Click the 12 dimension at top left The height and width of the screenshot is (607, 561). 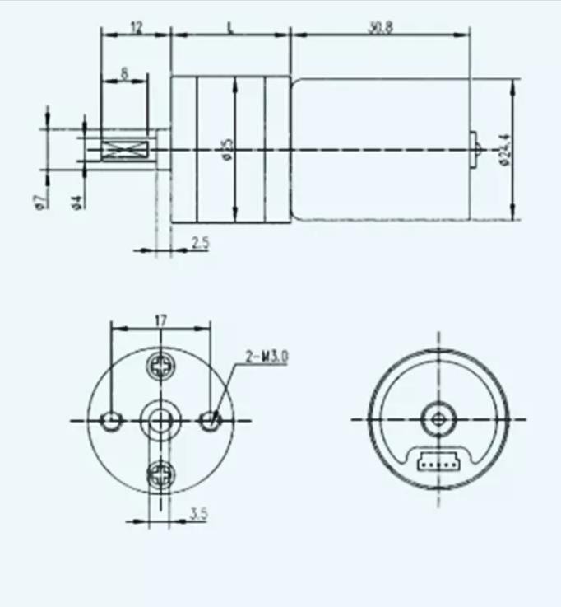136,27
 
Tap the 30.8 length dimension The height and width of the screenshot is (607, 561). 380,27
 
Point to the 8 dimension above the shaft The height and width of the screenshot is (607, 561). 124,73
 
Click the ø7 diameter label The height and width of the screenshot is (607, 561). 39,200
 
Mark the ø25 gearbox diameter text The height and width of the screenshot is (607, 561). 227,148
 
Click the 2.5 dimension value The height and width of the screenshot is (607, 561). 199,242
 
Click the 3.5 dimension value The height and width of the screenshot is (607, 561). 197,514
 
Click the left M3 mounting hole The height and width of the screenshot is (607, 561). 110,421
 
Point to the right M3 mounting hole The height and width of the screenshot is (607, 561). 211,420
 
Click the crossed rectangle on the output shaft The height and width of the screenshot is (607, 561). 123,149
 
